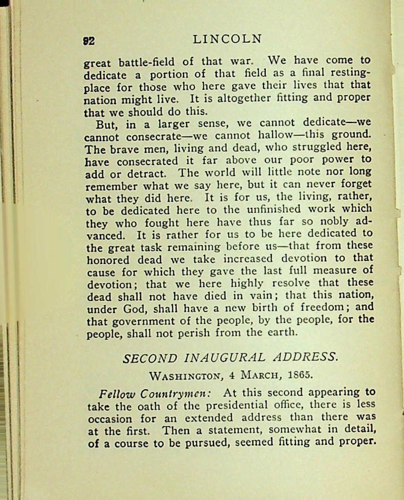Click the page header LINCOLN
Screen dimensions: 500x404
[x=227, y=39]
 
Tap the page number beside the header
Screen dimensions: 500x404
[x=89, y=41]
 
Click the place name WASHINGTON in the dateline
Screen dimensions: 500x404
[x=186, y=376]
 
